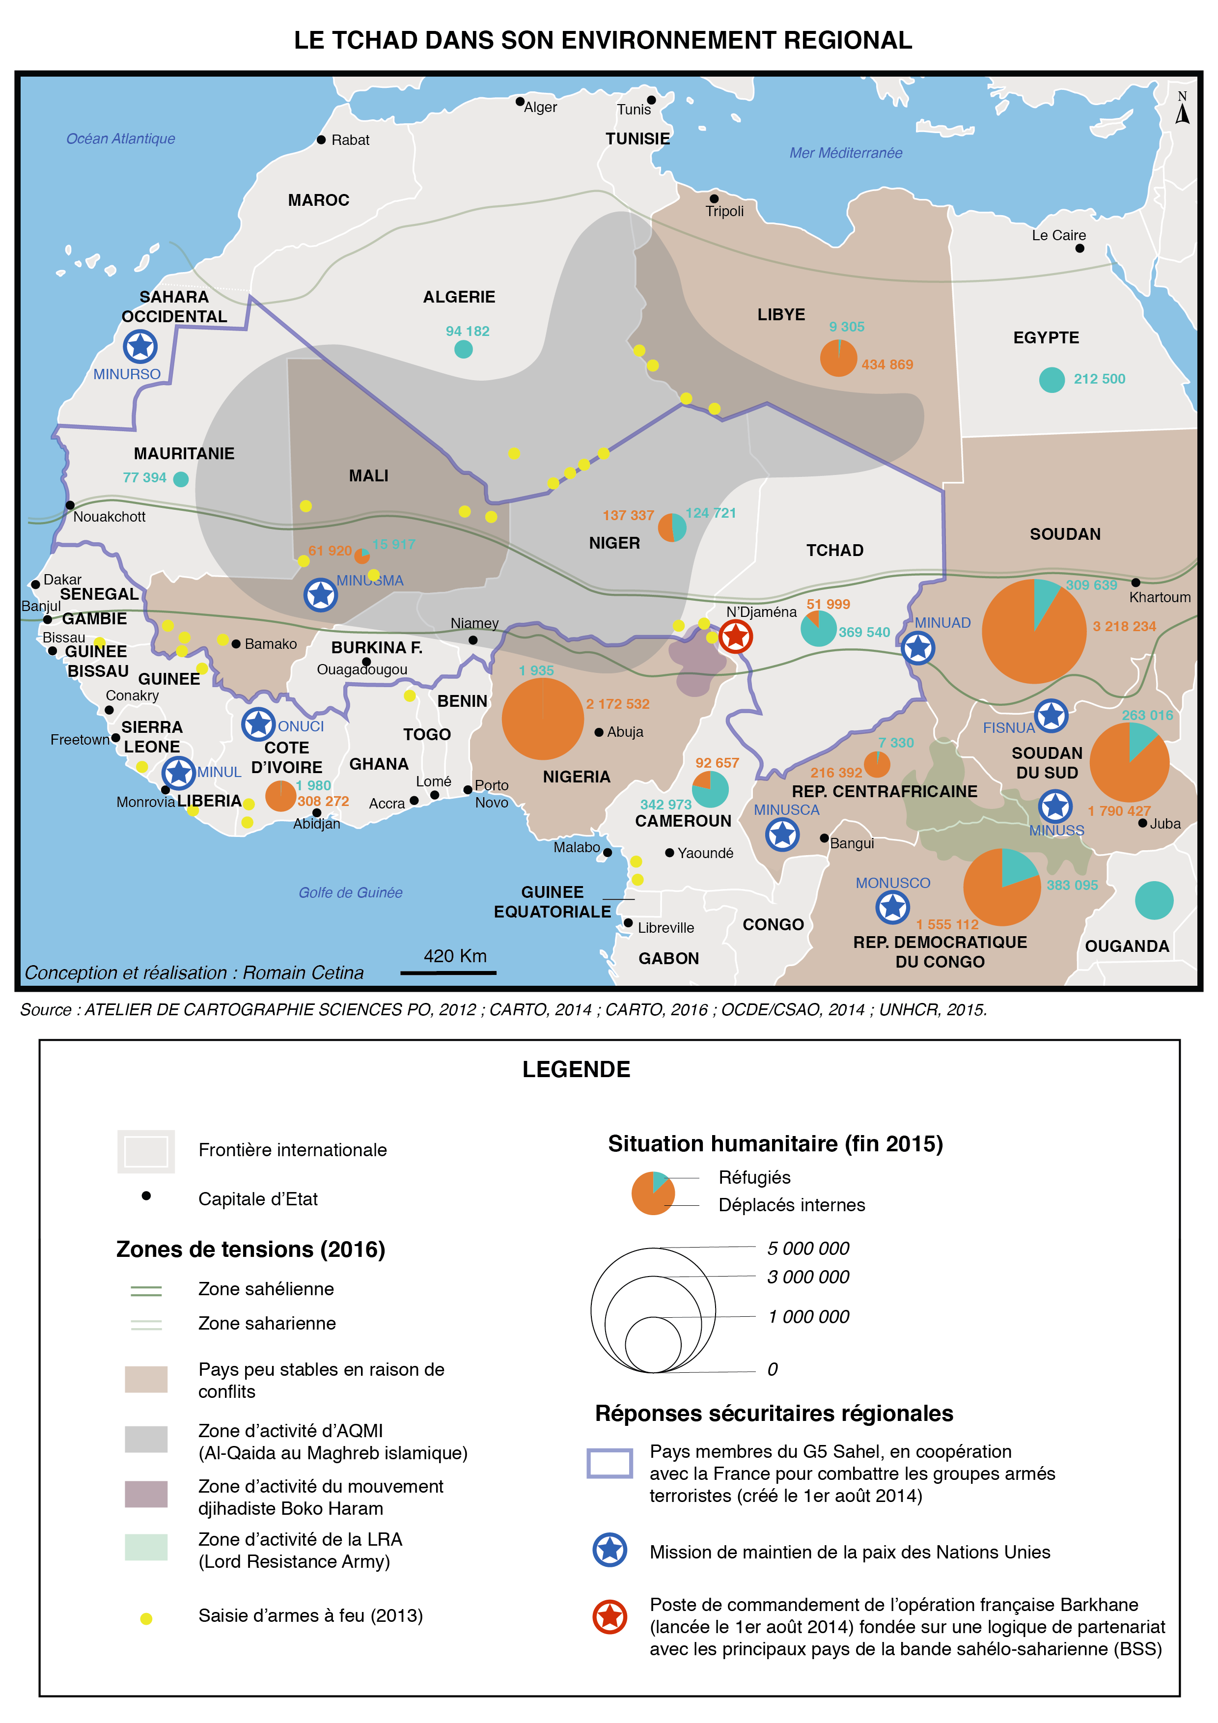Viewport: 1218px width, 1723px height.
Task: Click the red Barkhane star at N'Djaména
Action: pos(735,637)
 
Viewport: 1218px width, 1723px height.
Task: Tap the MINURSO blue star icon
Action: pos(140,347)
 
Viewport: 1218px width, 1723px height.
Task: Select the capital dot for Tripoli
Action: pos(714,199)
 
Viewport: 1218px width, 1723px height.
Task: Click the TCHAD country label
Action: pos(834,550)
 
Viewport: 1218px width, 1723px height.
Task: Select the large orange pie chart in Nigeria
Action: pos(543,718)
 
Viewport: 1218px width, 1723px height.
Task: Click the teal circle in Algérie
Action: pos(464,349)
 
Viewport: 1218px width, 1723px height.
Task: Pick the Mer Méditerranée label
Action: pos(845,153)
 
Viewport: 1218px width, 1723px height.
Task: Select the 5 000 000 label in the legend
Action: pos(807,1249)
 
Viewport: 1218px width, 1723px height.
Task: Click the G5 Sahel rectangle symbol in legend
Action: pos(609,1463)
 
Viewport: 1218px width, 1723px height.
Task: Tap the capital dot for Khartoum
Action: pos(1135,583)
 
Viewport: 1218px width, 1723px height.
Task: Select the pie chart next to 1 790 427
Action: pos(1129,762)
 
